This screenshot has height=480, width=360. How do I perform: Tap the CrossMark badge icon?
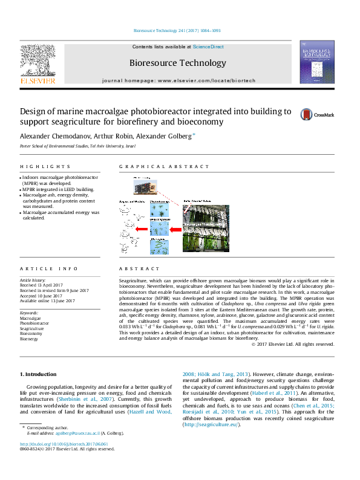point(313,114)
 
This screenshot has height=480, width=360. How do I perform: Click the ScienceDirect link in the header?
point(208,47)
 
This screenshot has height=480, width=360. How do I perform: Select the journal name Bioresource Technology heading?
point(177,63)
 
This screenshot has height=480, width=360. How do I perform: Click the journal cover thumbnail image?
point(317,62)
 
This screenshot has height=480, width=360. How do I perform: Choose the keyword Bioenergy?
point(30,339)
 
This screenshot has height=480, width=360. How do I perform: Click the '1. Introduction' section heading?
point(39,374)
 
